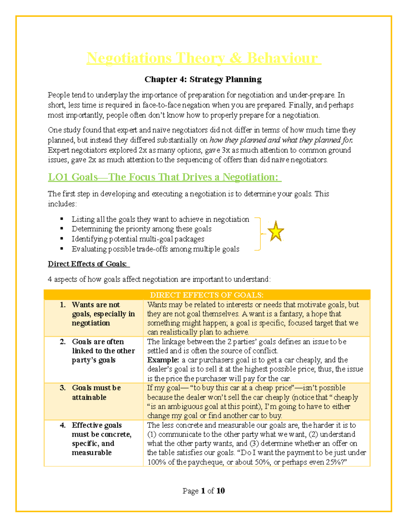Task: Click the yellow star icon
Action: point(275,232)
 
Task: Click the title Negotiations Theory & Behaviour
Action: point(203,58)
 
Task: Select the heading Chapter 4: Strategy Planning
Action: point(203,79)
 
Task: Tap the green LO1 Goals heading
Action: point(164,177)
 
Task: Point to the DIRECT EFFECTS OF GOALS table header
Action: point(207,295)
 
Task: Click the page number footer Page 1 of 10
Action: point(203,491)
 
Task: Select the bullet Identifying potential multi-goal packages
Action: point(138,239)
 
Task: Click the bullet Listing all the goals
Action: point(160,219)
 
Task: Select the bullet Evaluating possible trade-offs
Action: point(155,249)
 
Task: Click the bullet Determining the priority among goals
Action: point(141,229)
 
